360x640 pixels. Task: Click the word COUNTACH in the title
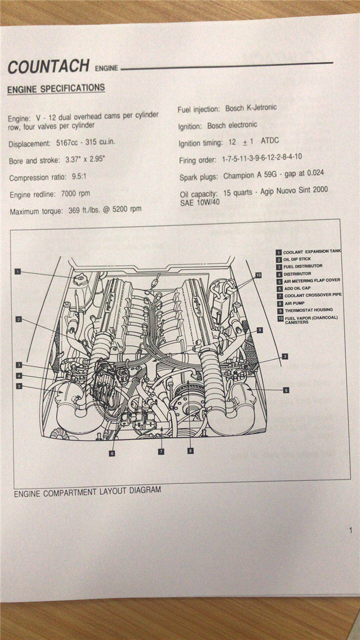click(x=48, y=66)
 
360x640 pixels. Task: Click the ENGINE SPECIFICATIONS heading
click(x=56, y=89)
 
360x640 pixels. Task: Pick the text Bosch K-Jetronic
click(x=251, y=108)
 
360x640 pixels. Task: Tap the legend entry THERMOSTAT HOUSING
click(x=308, y=310)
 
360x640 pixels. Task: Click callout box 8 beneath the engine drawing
click(x=190, y=450)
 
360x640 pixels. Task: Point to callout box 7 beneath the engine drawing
click(x=161, y=451)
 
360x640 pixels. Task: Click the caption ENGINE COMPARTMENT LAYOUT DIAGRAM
click(x=87, y=491)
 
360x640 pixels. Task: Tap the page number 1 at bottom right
click(x=350, y=530)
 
